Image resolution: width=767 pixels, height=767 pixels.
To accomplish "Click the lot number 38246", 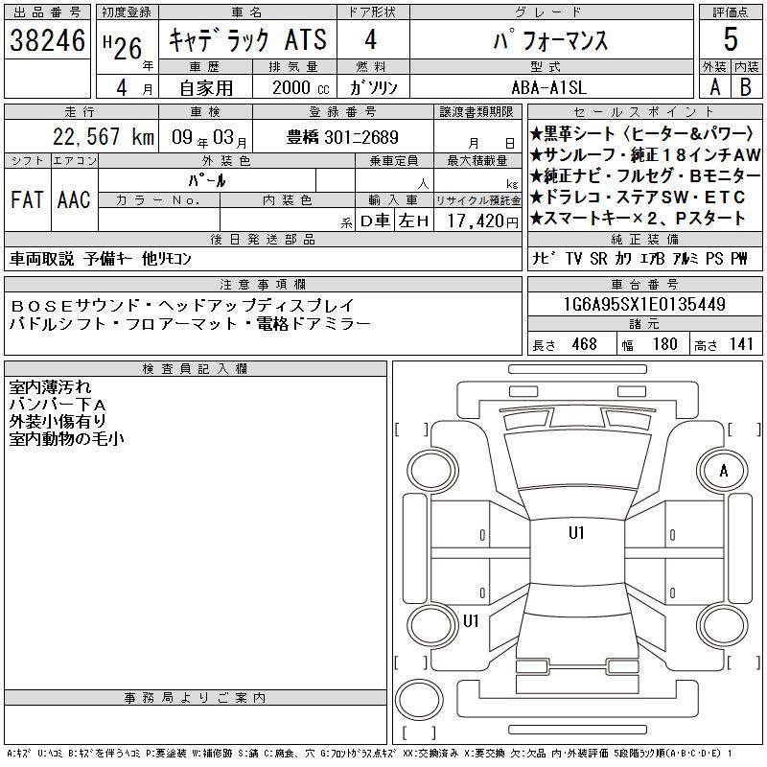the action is [47, 40].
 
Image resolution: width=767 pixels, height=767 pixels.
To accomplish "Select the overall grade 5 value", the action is [731, 39].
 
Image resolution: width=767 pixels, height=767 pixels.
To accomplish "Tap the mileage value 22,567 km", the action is [104, 136].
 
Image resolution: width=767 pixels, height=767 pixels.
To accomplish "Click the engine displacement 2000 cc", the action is [300, 87].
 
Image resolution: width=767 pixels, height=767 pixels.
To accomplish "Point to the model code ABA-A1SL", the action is [548, 87].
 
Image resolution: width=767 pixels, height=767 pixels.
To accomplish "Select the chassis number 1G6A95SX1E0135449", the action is [644, 304].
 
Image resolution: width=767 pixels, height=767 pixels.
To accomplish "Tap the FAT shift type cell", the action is [27, 199].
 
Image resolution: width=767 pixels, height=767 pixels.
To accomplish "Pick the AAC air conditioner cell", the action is [74, 199].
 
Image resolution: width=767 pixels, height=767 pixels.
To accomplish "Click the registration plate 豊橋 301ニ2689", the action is [342, 137].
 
